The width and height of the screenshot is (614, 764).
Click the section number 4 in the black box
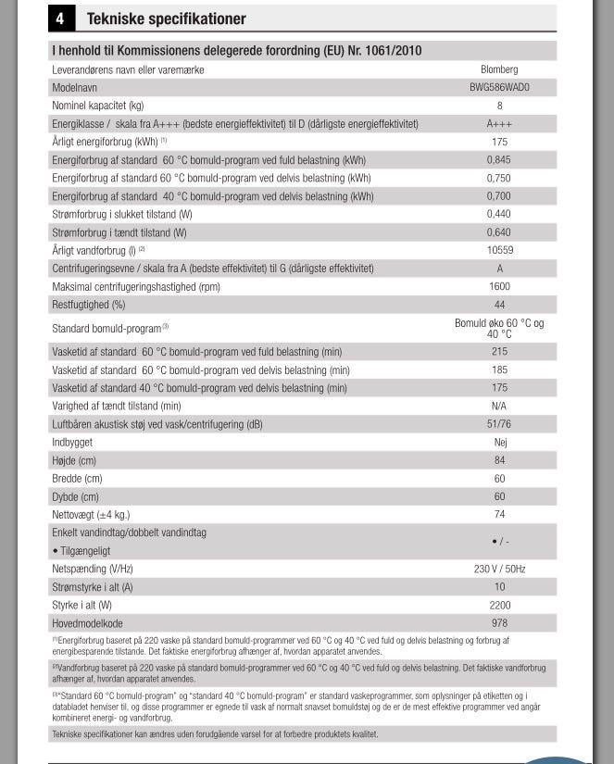(60, 19)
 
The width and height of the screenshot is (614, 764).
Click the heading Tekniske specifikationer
(166, 19)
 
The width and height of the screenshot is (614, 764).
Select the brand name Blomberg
(499, 69)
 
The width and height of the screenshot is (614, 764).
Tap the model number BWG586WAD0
(499, 87)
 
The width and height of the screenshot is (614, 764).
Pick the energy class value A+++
(499, 124)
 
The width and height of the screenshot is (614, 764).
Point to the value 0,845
(499, 160)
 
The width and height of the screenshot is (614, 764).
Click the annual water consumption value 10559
(499, 250)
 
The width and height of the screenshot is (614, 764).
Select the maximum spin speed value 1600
(499, 286)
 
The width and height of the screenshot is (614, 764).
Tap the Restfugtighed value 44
(499, 305)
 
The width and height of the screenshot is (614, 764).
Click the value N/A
(499, 406)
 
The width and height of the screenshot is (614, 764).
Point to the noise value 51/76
(499, 424)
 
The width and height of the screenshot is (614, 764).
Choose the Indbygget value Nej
(500, 443)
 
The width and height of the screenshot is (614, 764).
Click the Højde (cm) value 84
(499, 460)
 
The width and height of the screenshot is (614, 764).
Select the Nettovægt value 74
(499, 514)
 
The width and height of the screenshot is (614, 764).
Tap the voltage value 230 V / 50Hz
(499, 569)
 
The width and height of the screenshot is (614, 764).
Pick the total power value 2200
(499, 605)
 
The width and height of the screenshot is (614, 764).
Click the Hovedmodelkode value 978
(499, 623)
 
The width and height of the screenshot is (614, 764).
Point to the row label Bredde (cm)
(77, 479)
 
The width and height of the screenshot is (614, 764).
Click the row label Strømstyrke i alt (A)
(93, 587)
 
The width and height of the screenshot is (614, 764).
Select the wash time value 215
(499, 352)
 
